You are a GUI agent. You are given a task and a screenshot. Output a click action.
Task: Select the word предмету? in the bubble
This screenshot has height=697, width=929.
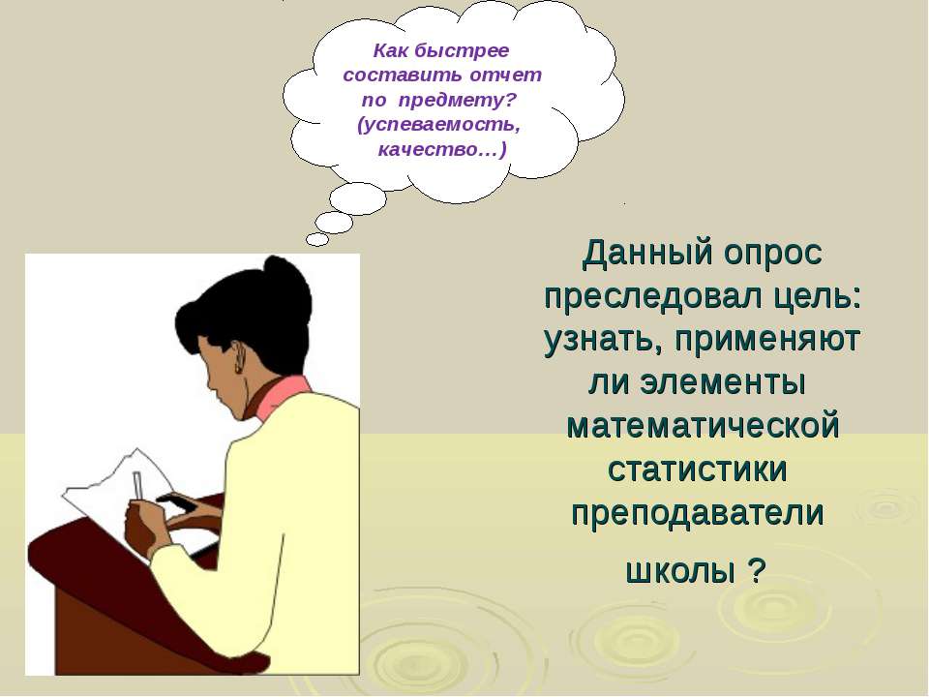point(458,101)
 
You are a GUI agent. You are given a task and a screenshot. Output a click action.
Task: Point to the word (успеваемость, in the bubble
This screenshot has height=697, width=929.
point(439,126)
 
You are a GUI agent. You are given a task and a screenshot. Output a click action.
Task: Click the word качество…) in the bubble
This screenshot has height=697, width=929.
point(442,150)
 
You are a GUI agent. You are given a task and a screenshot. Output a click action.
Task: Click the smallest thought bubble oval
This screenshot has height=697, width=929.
point(317,239)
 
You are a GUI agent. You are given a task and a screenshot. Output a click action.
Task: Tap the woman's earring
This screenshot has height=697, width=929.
point(238,368)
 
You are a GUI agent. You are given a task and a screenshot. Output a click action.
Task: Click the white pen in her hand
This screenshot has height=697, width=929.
point(138,485)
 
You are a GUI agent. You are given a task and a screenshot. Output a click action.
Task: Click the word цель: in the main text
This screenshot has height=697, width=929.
point(819,296)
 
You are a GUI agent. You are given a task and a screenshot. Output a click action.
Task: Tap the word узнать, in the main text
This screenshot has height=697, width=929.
point(603,340)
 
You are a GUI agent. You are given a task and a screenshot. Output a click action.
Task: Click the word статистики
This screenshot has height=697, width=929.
point(698,470)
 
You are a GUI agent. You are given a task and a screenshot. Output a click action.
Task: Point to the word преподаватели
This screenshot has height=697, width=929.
point(698,513)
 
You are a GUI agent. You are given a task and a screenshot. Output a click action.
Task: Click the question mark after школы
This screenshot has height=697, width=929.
point(757,571)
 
